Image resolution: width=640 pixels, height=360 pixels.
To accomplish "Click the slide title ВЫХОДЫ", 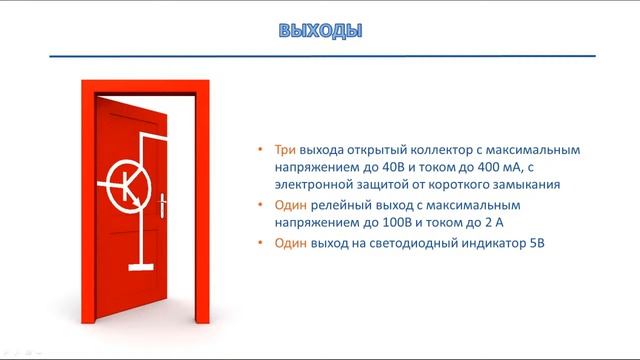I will pos(320,31).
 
